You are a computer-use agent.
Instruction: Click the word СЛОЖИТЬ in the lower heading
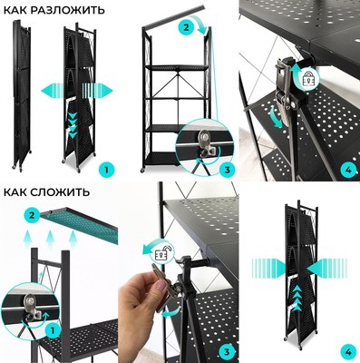[x=62, y=191]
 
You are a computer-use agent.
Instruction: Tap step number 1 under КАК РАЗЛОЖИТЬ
[x=106, y=170]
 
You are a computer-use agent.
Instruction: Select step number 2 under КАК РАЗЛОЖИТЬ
[x=186, y=27]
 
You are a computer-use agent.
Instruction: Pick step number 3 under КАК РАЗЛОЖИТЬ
[x=228, y=170]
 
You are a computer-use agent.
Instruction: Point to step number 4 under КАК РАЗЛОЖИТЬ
[x=348, y=170]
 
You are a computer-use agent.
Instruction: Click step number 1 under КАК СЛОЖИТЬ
[x=53, y=330]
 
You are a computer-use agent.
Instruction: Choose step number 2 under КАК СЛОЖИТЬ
[x=32, y=215]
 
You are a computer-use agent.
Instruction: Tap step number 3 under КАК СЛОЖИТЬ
[x=227, y=351]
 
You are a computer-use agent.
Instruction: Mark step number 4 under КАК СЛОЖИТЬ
[x=348, y=351]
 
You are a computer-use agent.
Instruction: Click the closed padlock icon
[x=309, y=79]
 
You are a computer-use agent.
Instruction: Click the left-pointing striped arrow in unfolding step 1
[x=52, y=91]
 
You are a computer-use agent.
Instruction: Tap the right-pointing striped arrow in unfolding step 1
[x=97, y=91]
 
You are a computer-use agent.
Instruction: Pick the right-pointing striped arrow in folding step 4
[x=268, y=268]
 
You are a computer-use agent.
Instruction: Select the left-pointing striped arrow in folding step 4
[x=326, y=268]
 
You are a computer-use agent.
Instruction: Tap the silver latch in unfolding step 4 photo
[x=283, y=91]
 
